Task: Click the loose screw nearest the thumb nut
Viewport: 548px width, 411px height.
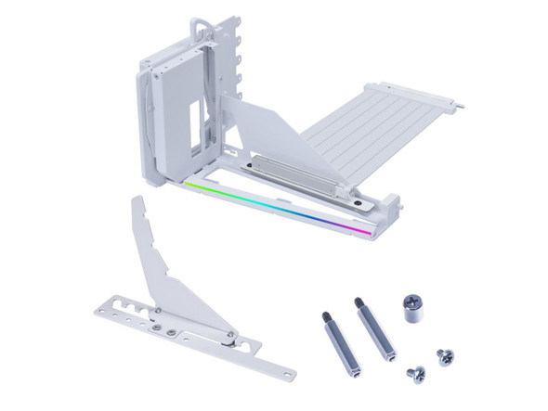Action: tap(443, 355)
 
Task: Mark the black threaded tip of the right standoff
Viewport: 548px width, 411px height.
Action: tap(359, 303)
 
